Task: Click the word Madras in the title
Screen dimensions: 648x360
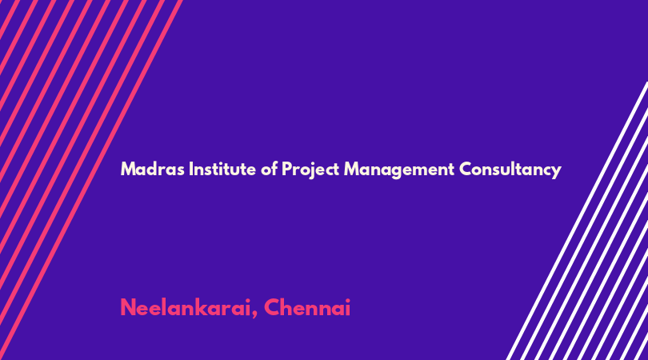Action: [x=153, y=169]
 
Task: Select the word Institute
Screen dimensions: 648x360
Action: [x=222, y=169]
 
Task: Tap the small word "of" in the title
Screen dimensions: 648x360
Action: [x=269, y=169]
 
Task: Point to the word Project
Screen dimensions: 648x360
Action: [x=310, y=170]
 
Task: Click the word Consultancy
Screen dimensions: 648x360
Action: [x=510, y=170]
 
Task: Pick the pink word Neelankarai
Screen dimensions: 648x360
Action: [x=186, y=307]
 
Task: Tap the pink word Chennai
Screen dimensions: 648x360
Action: [x=307, y=307]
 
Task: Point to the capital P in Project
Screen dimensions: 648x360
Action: [x=286, y=169]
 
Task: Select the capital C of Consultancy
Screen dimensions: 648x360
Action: [x=466, y=169]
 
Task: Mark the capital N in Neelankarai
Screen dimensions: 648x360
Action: [x=128, y=307]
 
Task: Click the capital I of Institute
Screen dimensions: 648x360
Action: [x=191, y=169]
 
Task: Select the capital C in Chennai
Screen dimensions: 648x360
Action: [x=272, y=307]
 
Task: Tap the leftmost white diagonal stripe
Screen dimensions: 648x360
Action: [x=577, y=221]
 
